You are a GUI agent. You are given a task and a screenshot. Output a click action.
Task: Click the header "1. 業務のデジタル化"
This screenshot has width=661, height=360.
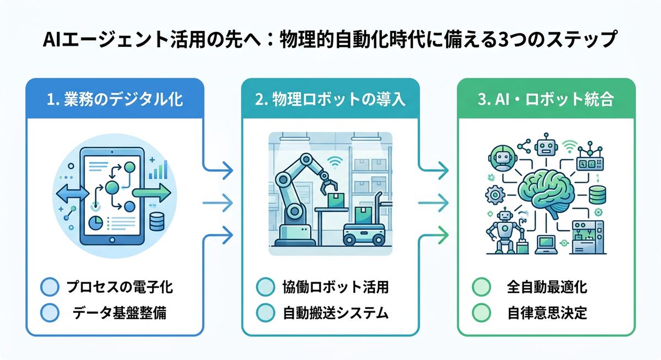pyautogui.click(x=115, y=100)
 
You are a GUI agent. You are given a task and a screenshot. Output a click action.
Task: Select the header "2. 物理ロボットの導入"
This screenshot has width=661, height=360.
pyautogui.click(x=330, y=100)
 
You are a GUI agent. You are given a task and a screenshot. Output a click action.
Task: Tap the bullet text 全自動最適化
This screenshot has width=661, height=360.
pyautogui.click(x=546, y=287)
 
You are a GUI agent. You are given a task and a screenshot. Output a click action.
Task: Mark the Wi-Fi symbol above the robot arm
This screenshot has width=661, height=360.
pyautogui.click(x=333, y=161)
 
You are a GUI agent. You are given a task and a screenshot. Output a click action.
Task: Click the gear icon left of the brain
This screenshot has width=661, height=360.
pyautogui.click(x=494, y=195)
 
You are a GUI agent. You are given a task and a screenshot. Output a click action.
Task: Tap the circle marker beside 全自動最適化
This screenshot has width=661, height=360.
pyautogui.click(x=481, y=287)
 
